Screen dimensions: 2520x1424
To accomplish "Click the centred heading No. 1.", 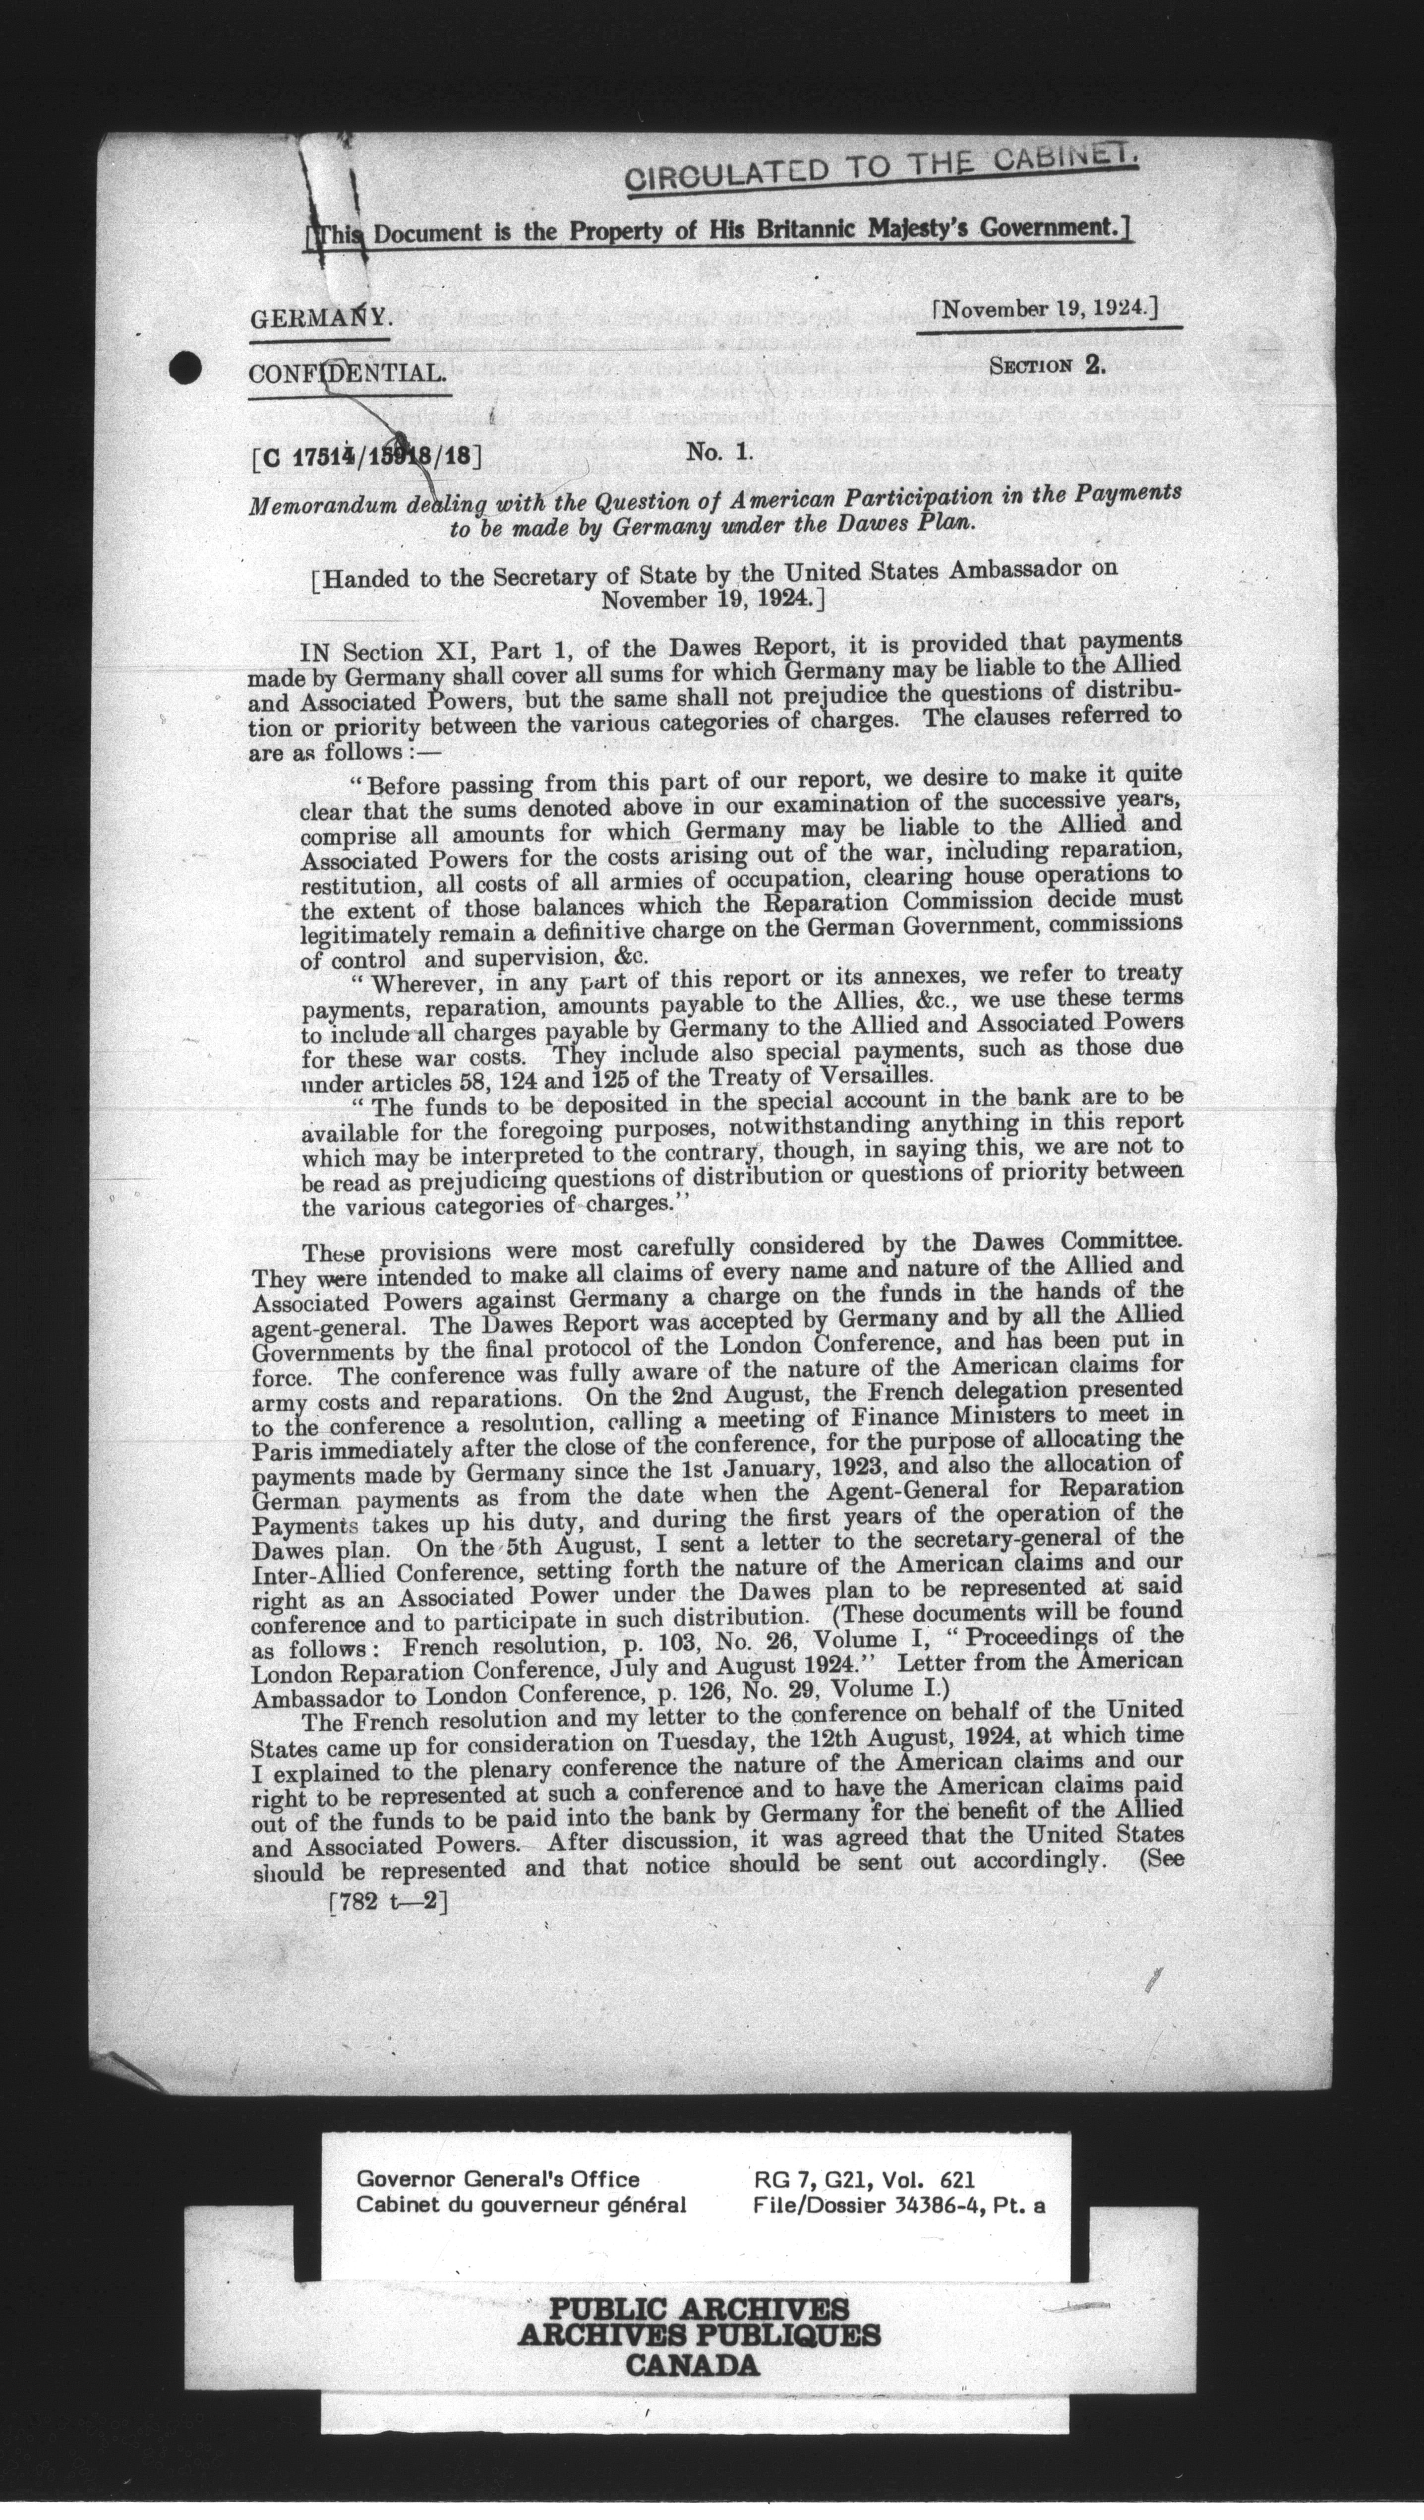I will pyautogui.click(x=717, y=451).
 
